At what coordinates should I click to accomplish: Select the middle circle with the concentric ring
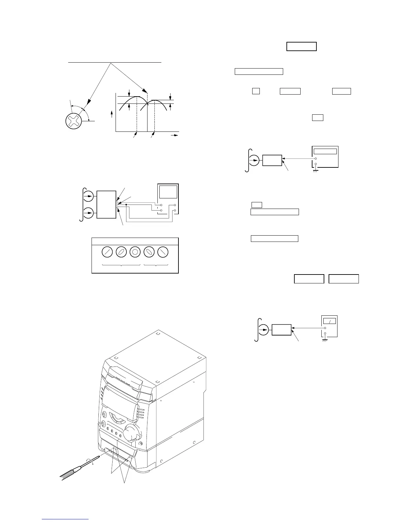click(135, 252)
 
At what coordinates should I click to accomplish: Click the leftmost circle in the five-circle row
click(107, 252)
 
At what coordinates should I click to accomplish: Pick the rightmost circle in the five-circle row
click(163, 252)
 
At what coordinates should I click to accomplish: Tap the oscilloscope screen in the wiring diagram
click(168, 192)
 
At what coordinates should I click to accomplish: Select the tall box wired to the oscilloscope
click(106, 204)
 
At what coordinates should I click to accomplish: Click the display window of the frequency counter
click(325, 151)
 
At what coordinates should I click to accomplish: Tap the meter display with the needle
click(329, 321)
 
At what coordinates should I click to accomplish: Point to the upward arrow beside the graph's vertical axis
click(112, 114)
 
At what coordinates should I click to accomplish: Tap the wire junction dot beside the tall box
click(126, 205)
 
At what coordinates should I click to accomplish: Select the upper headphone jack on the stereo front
click(105, 415)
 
